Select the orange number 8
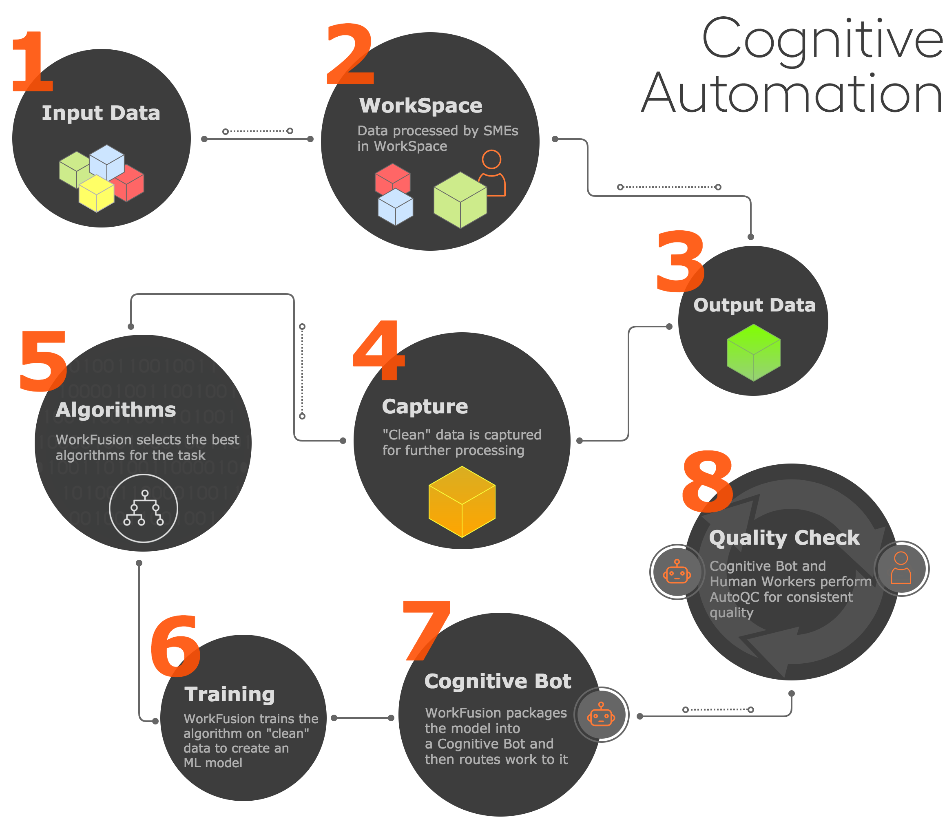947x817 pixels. pyautogui.click(x=707, y=481)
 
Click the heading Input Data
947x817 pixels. pyautogui.click(x=101, y=113)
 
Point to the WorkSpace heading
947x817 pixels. pyautogui.click(x=420, y=106)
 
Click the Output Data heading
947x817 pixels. pyautogui.click(x=754, y=305)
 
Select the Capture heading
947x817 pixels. pyautogui.click(x=425, y=406)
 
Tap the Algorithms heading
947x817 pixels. pyautogui.click(x=116, y=410)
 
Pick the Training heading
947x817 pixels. pyautogui.click(x=230, y=695)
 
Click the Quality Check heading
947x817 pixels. pyautogui.click(x=784, y=538)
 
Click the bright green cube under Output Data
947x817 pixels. pyautogui.click(x=753, y=352)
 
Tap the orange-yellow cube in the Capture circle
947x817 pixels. pyautogui.click(x=462, y=501)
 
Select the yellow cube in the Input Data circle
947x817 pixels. pyautogui.click(x=96, y=193)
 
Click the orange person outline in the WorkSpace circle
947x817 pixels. pyautogui.click(x=492, y=173)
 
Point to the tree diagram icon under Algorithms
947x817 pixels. pyautogui.click(x=144, y=508)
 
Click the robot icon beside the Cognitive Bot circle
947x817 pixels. pyautogui.click(x=601, y=715)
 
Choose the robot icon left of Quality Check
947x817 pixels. pyautogui.click(x=677, y=572)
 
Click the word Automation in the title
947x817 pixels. pyautogui.click(x=792, y=93)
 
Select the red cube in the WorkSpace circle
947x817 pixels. pyautogui.click(x=392, y=179)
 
